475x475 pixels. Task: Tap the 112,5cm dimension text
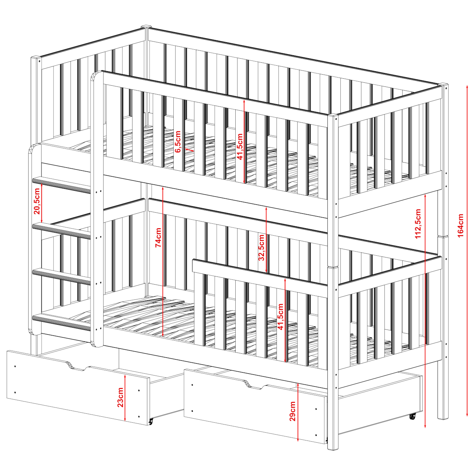(418, 223)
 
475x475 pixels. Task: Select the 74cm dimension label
(158, 237)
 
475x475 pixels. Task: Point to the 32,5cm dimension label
(261, 247)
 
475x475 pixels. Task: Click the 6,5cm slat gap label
(178, 142)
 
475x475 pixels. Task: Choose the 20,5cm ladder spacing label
(37, 201)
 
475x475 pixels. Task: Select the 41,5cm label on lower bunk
(280, 317)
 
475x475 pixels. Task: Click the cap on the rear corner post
(146, 26)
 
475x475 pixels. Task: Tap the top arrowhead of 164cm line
(467, 87)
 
